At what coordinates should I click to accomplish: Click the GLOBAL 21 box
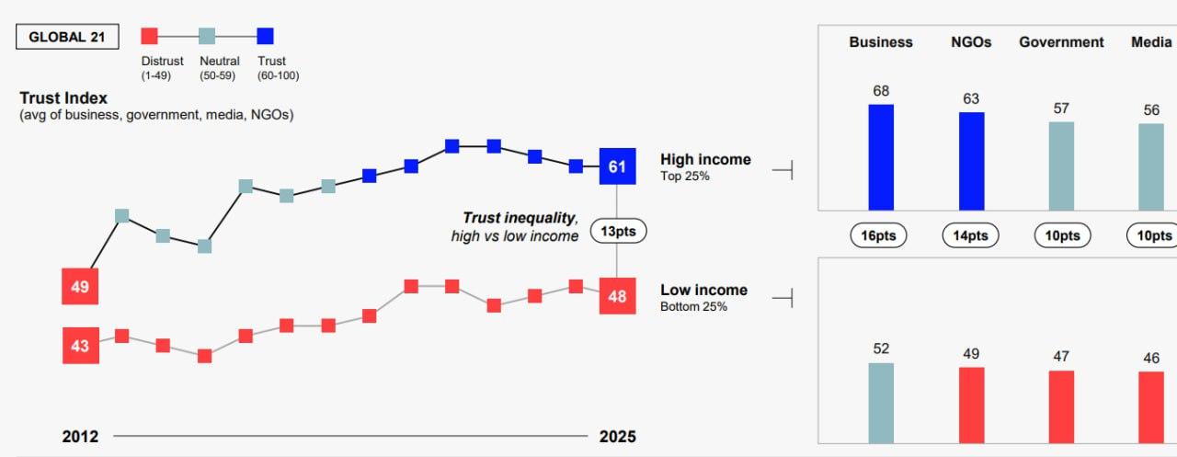pos(66,37)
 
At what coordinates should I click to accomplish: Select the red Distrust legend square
pos(150,36)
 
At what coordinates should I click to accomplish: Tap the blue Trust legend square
pos(265,36)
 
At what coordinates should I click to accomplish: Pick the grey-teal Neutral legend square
pos(207,36)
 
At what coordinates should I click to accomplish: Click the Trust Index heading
pos(63,97)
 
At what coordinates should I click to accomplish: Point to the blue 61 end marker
pos(617,166)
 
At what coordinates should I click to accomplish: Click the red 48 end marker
pos(617,296)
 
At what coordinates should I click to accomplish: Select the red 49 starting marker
pos(80,287)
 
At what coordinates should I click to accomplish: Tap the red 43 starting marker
pos(80,346)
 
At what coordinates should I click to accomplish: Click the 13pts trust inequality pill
pos(617,231)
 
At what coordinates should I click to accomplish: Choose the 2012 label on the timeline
pos(80,436)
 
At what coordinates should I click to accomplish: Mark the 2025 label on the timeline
pos(617,436)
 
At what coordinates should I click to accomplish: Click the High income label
pos(705,160)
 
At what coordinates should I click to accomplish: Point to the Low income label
pos(703,291)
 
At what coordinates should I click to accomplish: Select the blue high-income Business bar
pos(881,157)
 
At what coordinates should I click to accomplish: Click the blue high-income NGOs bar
pos(971,161)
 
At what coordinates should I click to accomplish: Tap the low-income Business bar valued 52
pos(881,403)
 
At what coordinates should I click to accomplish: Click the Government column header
pos(1061,42)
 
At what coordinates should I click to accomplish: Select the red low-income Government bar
pos(1061,406)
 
